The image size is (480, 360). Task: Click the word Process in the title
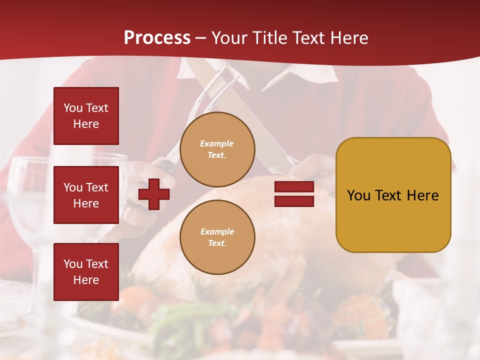tap(157, 38)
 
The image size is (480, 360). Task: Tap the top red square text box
tap(86, 116)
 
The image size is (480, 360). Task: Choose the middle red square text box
tap(86, 195)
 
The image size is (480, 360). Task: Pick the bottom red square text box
tap(86, 271)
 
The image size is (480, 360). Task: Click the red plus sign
tap(154, 194)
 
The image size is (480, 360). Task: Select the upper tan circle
tap(217, 149)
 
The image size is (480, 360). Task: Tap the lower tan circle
tap(217, 237)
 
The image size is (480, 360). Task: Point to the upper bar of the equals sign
tap(294, 187)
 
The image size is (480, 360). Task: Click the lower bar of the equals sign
tap(294, 201)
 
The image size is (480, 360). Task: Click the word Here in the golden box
tap(422, 195)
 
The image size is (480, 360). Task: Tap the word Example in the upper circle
tap(217, 143)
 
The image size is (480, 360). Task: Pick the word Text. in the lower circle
tap(217, 243)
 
